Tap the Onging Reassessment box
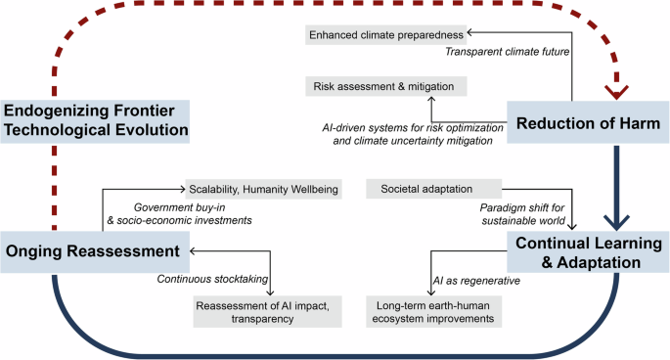95,251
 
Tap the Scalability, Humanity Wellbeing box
264,189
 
